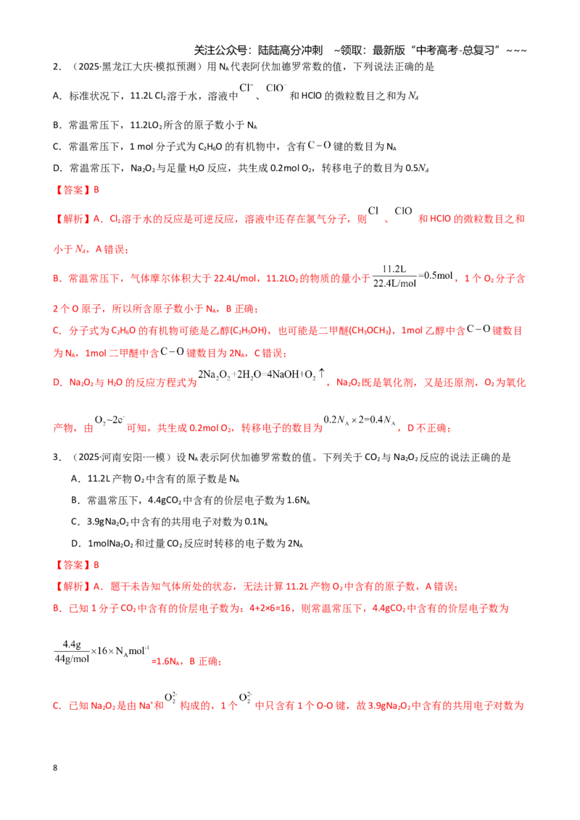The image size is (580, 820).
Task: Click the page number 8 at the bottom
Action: (55, 768)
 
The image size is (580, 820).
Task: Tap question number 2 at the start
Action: (57, 67)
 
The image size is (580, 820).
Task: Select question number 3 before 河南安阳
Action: (57, 457)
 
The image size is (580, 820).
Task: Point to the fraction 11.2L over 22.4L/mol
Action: (394, 276)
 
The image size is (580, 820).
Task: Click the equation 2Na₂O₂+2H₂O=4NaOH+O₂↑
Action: (262, 375)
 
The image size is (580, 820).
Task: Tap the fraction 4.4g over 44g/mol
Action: (72, 652)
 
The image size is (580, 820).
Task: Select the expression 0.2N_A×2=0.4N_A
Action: (359, 420)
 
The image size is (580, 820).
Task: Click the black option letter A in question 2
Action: (57, 96)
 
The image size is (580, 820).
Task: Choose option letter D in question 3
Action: (75, 543)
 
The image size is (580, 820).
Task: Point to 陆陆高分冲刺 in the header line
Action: (291, 50)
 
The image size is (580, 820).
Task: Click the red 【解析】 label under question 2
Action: (72, 219)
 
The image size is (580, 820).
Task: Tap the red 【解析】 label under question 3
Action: (72, 586)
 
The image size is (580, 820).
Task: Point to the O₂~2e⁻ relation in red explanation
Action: (109, 420)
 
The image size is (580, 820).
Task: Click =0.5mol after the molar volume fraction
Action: (436, 275)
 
